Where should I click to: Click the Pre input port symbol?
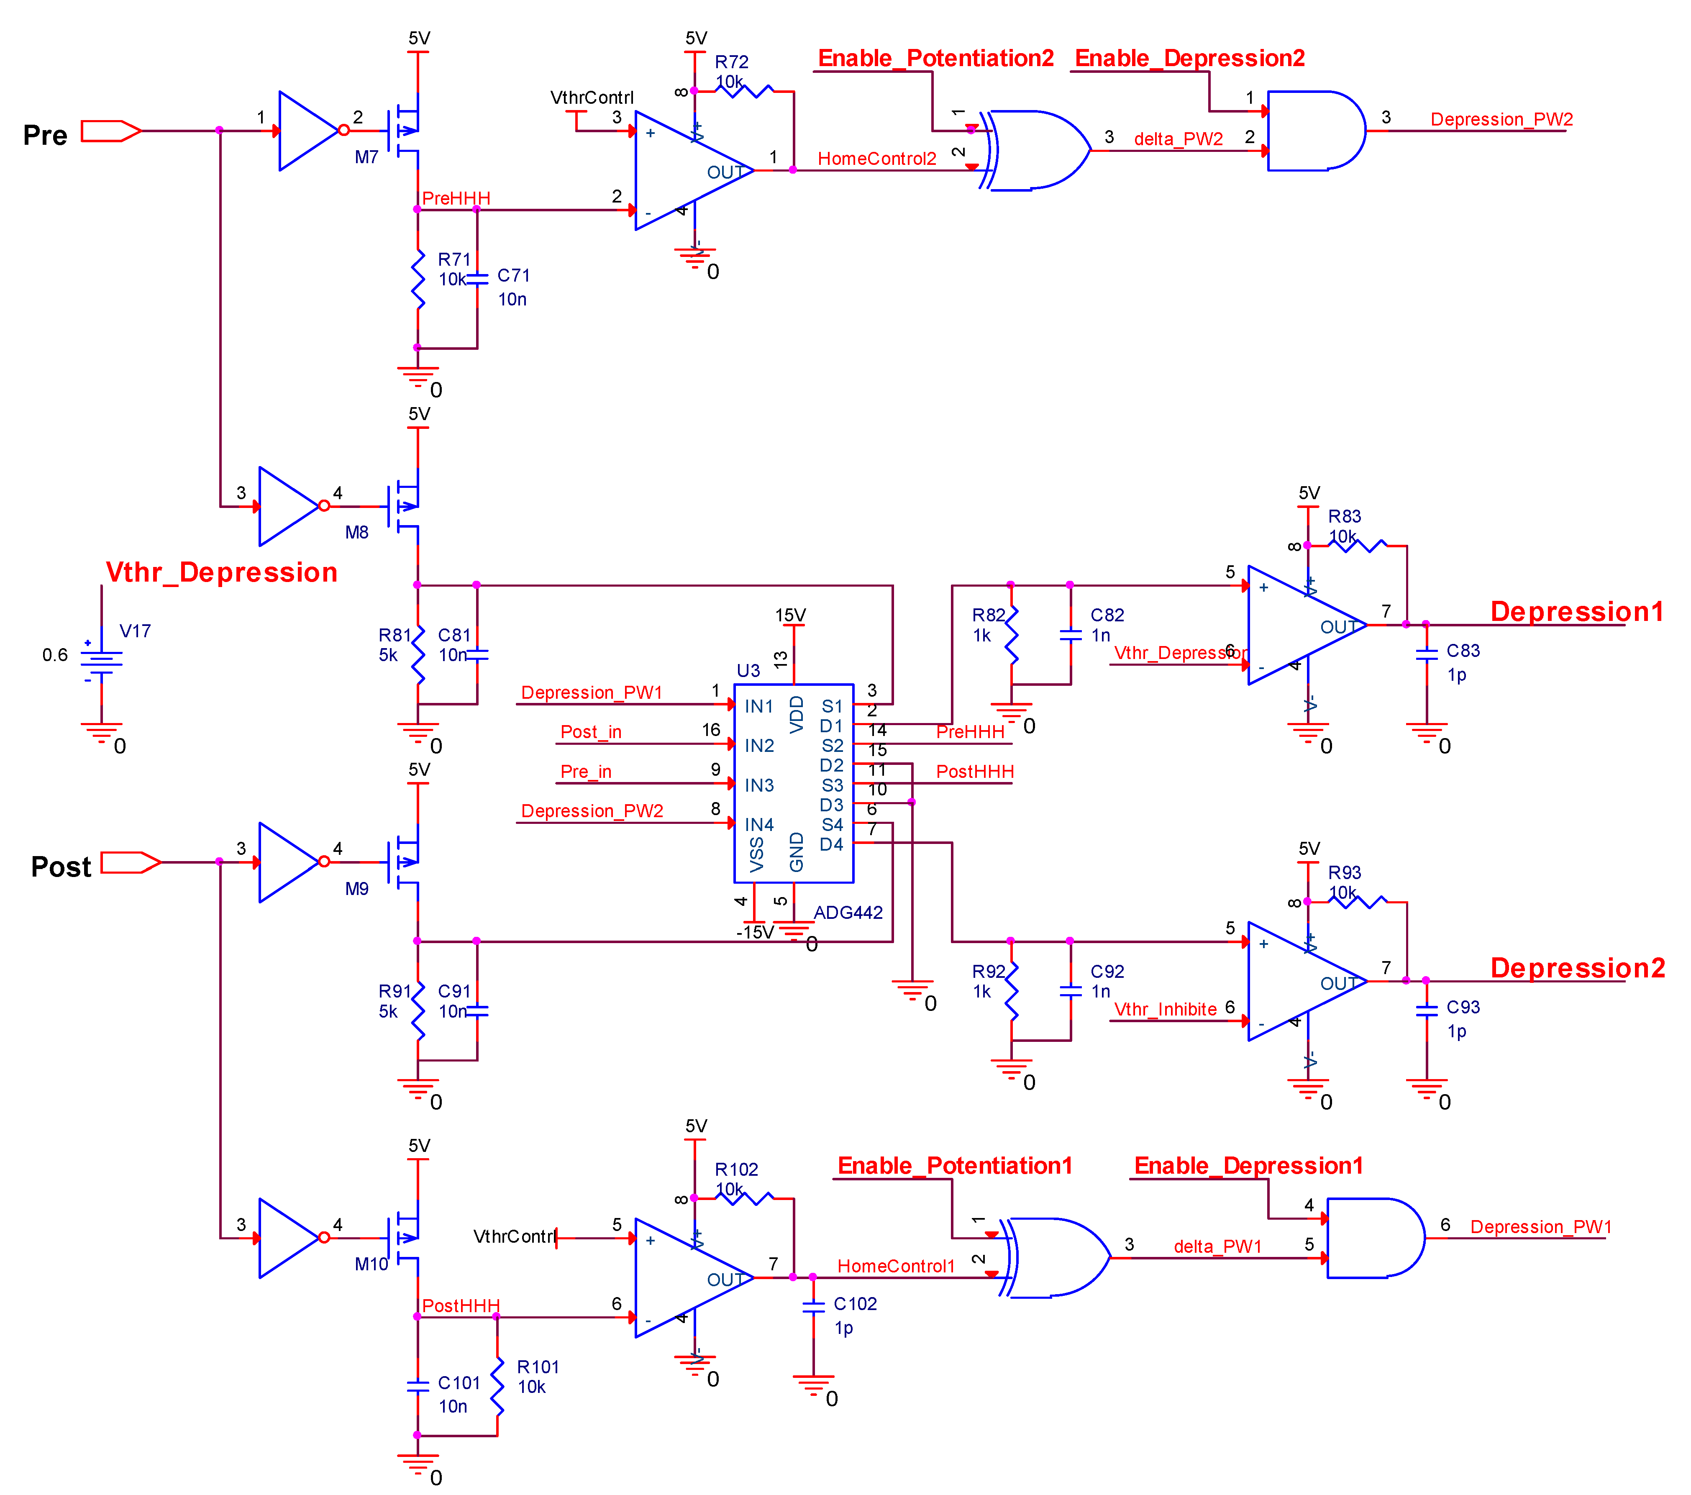pos(110,131)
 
